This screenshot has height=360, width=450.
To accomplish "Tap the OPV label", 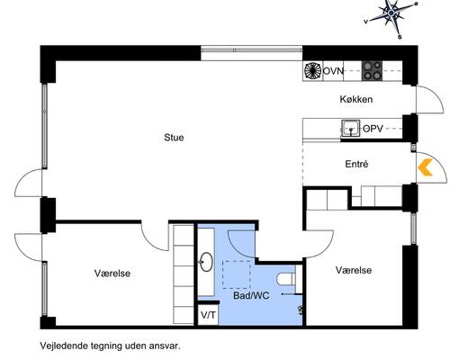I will click(373, 130).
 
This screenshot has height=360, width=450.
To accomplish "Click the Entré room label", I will click(357, 164).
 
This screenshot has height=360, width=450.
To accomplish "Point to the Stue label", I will click(174, 138).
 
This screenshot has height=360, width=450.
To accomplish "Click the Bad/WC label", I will click(251, 295).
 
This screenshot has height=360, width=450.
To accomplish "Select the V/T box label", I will click(208, 315).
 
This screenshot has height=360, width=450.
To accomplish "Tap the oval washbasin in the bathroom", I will click(206, 262).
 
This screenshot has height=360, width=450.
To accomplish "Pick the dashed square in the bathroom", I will click(236, 273).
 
